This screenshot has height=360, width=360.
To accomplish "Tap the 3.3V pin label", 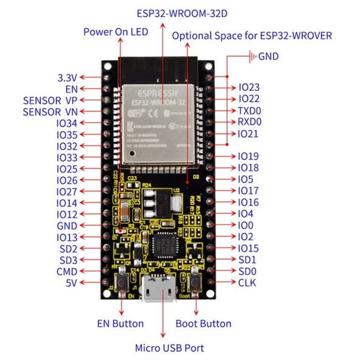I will (x=66, y=78).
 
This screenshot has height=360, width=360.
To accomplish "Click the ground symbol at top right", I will (x=251, y=57).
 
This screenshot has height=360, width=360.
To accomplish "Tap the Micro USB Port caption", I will (x=169, y=348).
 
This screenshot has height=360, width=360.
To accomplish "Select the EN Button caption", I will (x=120, y=324).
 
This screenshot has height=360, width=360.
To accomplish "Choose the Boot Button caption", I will (x=203, y=324).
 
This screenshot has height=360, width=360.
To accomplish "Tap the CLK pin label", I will (x=246, y=283).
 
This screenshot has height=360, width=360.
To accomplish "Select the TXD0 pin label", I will (x=249, y=111).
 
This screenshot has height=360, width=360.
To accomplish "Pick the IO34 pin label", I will (x=66, y=123).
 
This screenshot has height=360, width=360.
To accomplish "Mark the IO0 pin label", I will (x=245, y=225).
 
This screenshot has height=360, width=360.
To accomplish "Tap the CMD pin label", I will (x=66, y=271).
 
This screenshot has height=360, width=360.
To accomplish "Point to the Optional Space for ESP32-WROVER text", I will (x=252, y=35).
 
